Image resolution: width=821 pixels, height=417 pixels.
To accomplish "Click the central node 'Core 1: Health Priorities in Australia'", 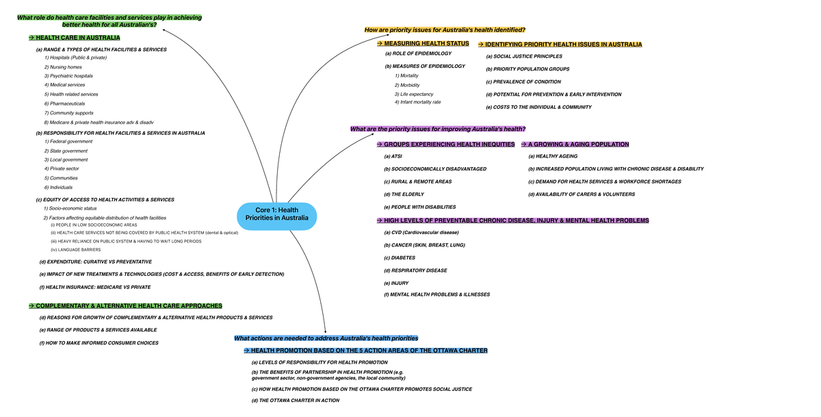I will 277,214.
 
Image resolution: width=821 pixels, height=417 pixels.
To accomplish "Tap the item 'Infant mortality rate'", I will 417,102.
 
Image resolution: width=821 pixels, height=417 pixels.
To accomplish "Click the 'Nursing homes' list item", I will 63,67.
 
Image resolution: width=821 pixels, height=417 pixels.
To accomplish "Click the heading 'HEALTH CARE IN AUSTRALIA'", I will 77,38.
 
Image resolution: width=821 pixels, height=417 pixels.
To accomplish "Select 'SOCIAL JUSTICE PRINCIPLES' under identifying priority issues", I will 524,56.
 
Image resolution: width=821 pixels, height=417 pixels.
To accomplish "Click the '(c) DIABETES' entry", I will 401,257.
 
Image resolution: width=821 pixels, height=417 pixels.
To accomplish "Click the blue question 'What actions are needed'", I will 326,338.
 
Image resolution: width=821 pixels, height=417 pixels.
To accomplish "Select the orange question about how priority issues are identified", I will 445,29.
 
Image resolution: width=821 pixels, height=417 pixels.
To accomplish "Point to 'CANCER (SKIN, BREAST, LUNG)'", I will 425,244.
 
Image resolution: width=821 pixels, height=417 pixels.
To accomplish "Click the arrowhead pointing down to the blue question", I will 325,331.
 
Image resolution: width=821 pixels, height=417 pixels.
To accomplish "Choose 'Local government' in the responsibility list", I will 66,160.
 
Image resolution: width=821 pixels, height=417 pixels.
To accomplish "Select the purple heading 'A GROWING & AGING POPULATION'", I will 578,144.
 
